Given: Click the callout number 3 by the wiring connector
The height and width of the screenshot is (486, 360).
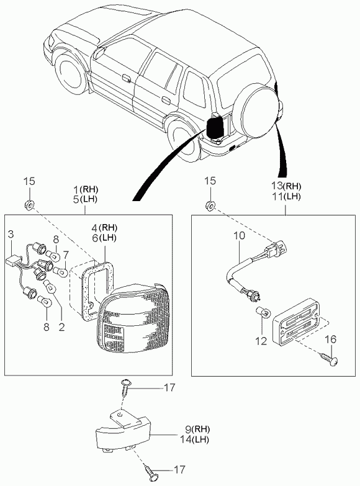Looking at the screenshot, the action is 11,234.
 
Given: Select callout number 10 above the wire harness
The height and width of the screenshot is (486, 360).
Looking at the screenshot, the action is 239,236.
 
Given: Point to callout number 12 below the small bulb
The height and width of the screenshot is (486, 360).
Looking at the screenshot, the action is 261,341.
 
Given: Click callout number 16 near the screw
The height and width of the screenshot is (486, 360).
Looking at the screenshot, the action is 331,339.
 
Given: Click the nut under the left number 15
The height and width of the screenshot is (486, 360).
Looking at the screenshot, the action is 29,205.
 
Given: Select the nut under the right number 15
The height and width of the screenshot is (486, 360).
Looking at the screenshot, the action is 211,205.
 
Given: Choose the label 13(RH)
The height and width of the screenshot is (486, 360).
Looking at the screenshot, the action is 287,186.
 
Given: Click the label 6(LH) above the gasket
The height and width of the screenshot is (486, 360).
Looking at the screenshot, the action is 104,238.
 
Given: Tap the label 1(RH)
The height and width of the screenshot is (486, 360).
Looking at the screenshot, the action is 86,189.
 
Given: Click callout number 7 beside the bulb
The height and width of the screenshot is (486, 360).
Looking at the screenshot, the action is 65,254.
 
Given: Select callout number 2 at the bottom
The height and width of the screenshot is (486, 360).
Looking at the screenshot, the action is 61,326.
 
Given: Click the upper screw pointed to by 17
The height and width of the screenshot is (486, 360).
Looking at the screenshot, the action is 127,387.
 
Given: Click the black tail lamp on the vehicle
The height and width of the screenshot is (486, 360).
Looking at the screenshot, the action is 215,127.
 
